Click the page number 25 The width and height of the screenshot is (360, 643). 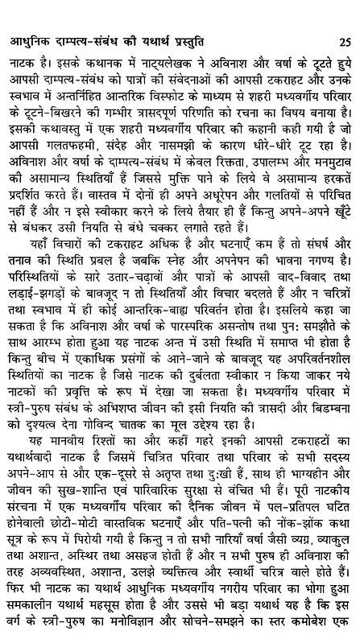click(343, 19)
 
